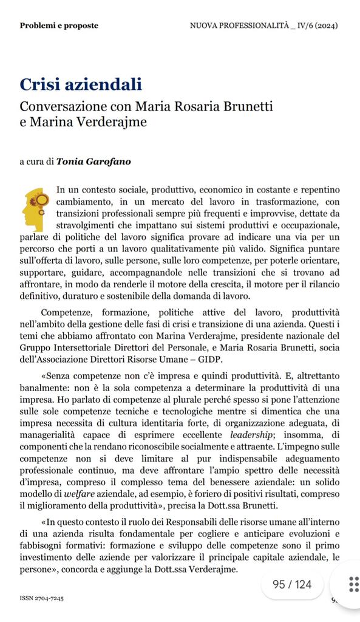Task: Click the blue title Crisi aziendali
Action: coord(81,84)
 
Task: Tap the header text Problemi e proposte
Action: coord(59,26)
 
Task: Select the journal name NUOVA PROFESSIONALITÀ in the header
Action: coord(238,26)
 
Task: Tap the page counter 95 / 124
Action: coord(292,584)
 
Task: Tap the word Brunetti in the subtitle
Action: coord(245,106)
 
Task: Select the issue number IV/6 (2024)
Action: coord(312,26)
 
